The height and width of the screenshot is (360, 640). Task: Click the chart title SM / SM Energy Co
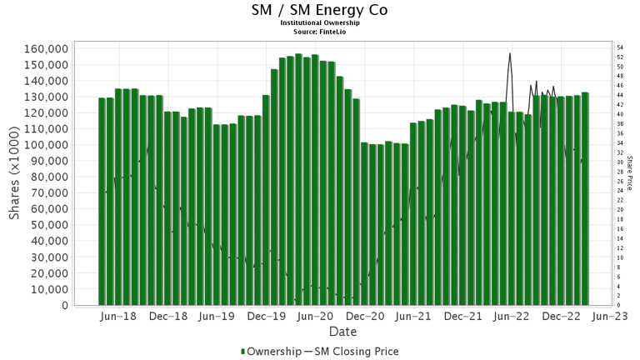coord(319,11)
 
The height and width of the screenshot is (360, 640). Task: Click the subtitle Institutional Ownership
coord(319,23)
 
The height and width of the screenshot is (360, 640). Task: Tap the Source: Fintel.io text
coord(319,31)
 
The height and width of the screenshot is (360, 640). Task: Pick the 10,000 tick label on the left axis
coord(47,289)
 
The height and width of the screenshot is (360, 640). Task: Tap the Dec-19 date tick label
coord(268,317)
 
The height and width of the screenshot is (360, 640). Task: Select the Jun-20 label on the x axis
coord(317,317)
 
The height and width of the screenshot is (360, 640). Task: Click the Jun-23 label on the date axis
coord(611,317)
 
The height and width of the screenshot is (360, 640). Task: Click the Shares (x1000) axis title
coord(15,177)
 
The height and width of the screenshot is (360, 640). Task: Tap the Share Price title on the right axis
coord(630,173)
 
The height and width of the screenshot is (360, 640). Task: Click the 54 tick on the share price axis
coord(620,47)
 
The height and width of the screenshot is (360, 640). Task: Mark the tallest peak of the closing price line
coord(509,54)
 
